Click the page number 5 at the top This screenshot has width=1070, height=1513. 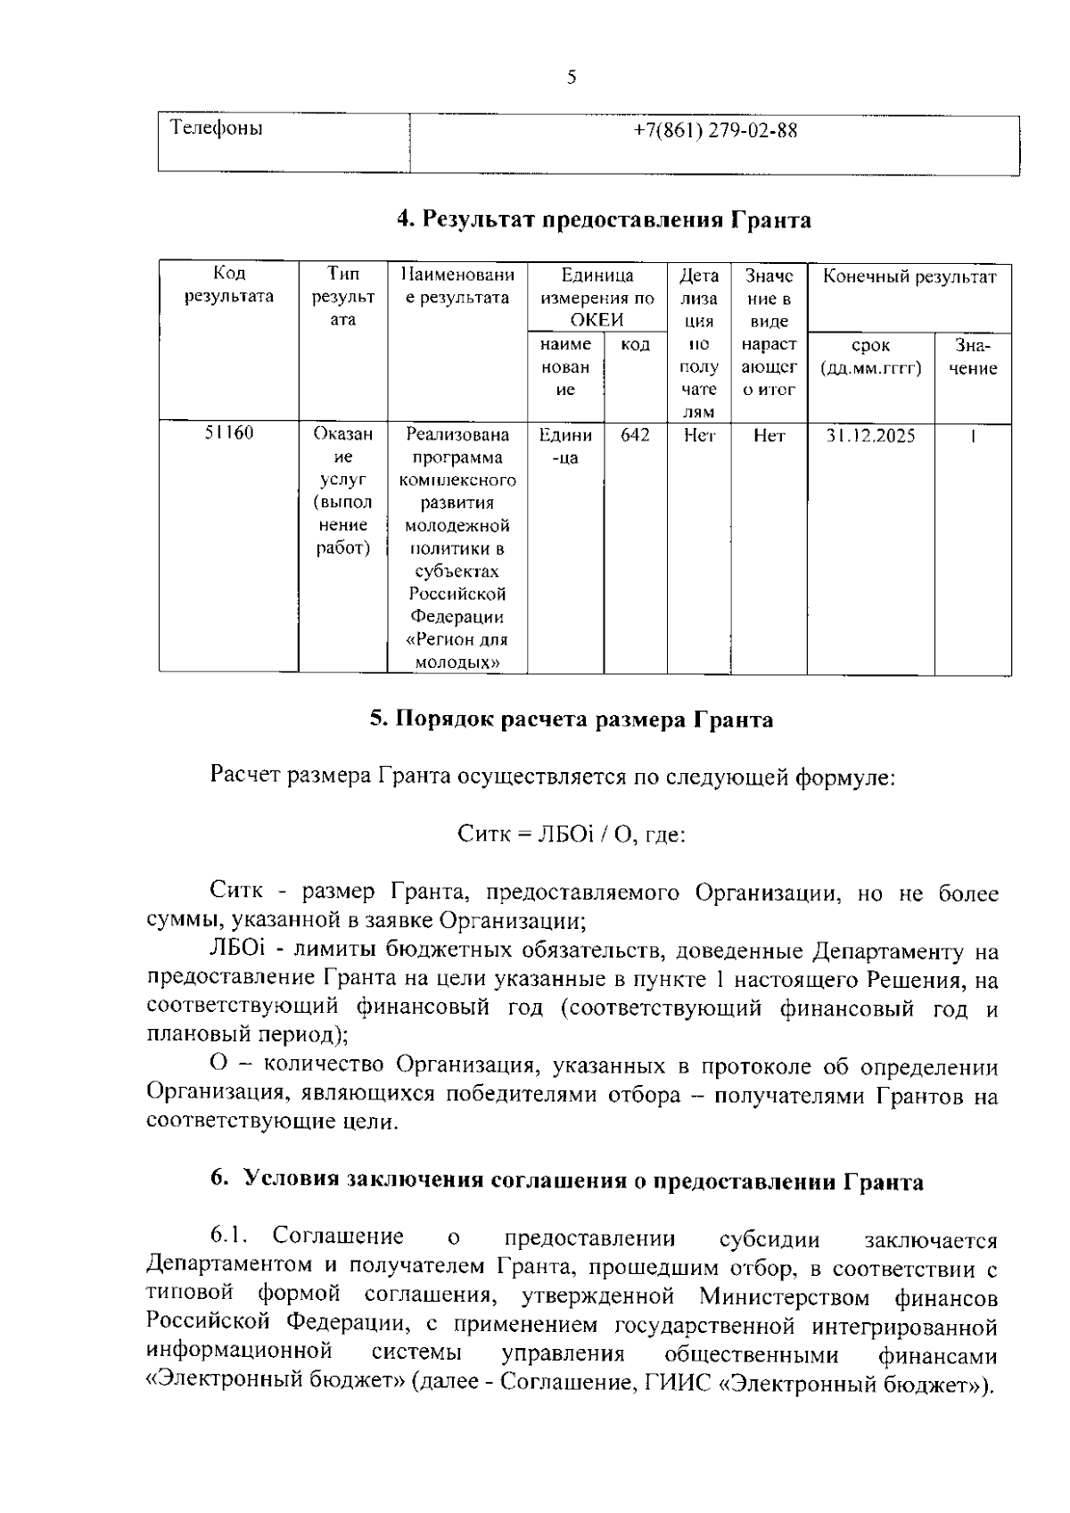[x=572, y=78]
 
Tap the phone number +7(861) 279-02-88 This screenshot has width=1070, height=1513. [x=715, y=131]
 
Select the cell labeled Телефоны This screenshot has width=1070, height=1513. [x=217, y=128]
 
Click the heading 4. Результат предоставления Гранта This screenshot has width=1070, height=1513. [x=604, y=219]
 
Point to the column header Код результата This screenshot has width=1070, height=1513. [x=229, y=285]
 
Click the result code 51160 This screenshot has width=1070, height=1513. [x=229, y=433]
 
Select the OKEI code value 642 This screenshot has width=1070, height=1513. [x=635, y=435]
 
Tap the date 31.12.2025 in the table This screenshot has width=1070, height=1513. [x=870, y=436]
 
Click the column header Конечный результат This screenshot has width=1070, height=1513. [x=909, y=276]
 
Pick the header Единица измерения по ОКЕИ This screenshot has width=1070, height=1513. [x=597, y=298]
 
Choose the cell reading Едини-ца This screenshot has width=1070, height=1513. [x=565, y=446]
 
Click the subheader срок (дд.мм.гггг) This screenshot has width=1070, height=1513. [x=870, y=357]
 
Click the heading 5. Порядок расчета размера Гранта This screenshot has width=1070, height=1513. [x=572, y=719]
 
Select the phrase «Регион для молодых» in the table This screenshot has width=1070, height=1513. [x=457, y=651]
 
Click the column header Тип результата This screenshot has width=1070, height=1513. [x=342, y=296]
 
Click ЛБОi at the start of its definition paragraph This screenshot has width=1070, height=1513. [x=232, y=951]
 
